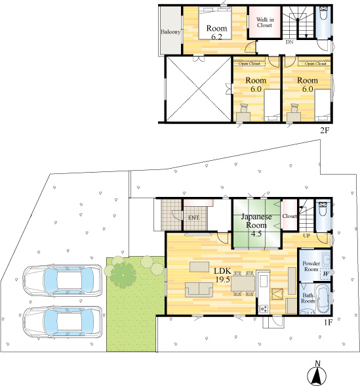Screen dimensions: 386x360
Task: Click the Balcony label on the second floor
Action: point(170,31)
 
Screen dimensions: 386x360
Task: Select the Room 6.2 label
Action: point(216,33)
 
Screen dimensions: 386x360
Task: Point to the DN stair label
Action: point(289,43)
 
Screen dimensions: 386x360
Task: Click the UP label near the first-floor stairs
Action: point(306,235)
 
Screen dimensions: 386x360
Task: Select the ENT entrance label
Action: point(193,217)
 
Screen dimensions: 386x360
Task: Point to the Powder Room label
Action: point(311,267)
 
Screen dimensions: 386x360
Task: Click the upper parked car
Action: point(62,280)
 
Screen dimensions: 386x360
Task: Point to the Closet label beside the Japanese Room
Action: point(289,216)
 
